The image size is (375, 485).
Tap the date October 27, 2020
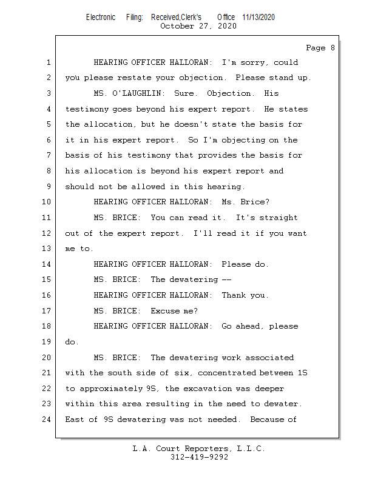198,26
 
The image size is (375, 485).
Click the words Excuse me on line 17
173,311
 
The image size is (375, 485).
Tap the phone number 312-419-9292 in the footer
199,457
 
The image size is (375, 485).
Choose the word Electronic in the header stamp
101,18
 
